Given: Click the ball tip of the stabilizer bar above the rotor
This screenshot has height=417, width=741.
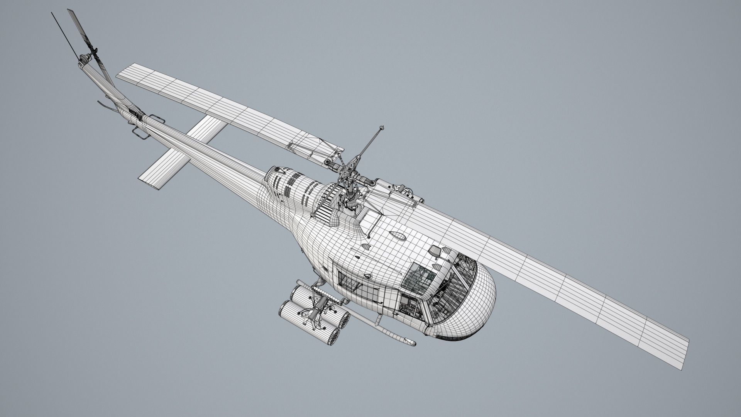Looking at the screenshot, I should (382, 127).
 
